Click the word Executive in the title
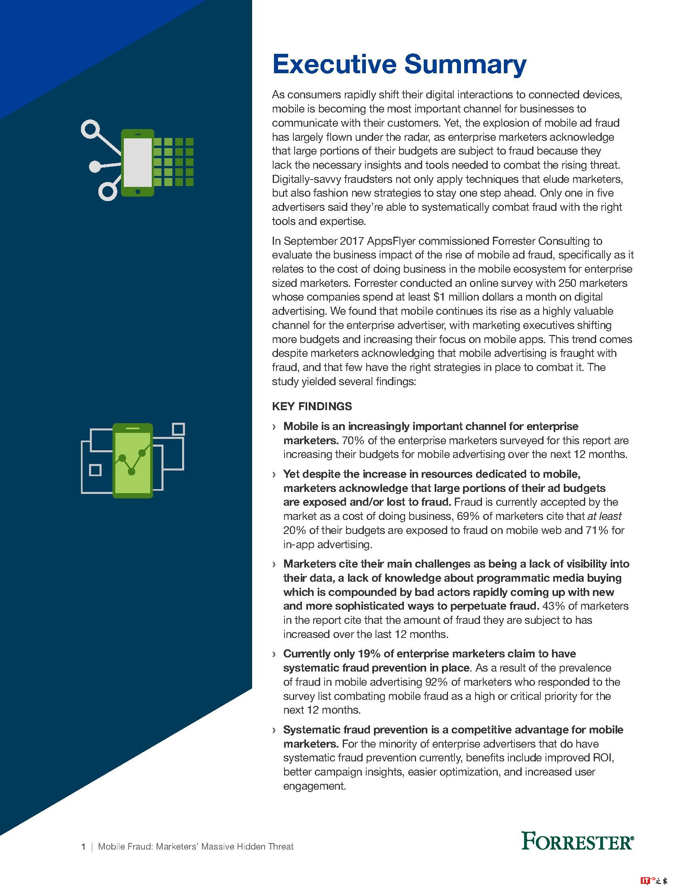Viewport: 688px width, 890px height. (x=334, y=64)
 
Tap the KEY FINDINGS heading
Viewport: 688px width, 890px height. (x=312, y=406)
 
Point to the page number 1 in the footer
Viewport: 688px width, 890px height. (x=83, y=847)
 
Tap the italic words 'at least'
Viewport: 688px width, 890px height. (x=604, y=516)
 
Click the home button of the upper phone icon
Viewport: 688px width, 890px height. (x=138, y=191)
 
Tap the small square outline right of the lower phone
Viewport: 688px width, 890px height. (x=178, y=429)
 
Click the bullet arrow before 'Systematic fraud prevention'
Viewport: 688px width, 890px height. (x=274, y=730)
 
